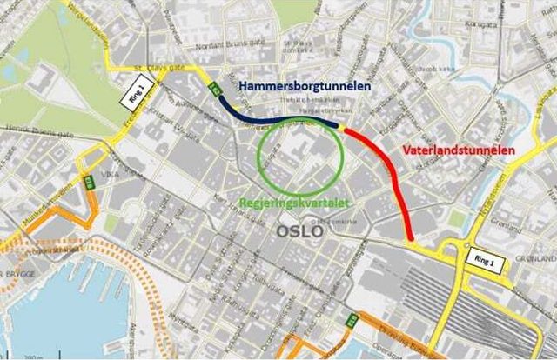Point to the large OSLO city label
[299, 232]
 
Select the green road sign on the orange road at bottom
[351, 320]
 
